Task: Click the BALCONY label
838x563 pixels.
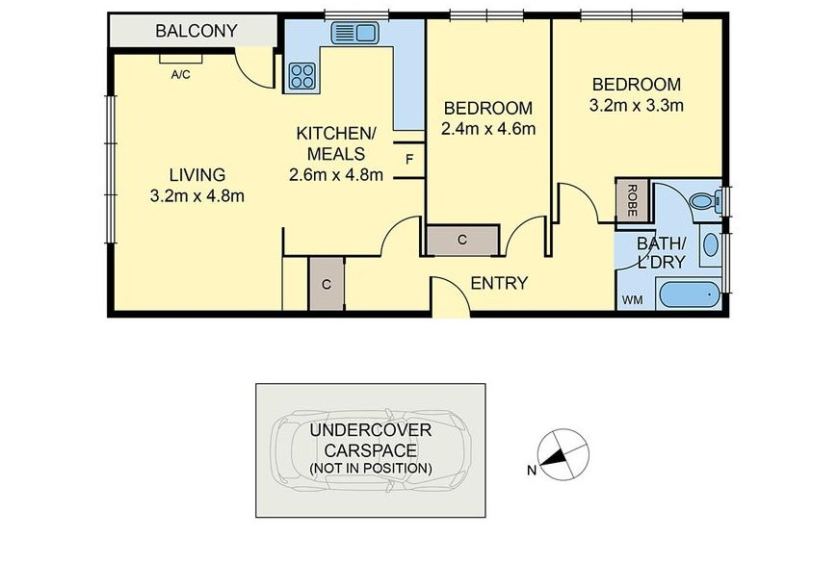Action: tap(196, 31)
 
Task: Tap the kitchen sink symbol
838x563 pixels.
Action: tap(354, 33)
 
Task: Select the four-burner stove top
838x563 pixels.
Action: tap(301, 75)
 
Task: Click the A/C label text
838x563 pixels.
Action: tap(180, 75)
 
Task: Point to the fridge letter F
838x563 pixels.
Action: tap(410, 159)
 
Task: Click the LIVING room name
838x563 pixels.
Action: tap(197, 174)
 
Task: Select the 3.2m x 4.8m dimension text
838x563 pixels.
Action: tap(197, 196)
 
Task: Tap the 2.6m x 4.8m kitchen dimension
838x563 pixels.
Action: tap(335, 174)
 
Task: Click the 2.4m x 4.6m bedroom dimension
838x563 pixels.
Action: tap(488, 129)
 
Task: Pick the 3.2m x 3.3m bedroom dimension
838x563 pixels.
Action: tap(636, 105)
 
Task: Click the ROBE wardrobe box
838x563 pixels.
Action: tap(632, 200)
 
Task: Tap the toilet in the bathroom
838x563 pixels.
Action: tap(704, 202)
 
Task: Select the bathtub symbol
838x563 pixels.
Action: tap(689, 294)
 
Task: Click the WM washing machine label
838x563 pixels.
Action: tap(632, 300)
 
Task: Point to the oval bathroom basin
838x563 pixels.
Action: tap(710, 245)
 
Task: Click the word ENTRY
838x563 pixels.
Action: tap(499, 283)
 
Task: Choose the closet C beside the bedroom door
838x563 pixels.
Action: tap(462, 241)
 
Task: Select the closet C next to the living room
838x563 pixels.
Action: tap(326, 284)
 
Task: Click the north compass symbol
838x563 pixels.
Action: tap(563, 455)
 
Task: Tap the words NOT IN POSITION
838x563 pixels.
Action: tap(371, 469)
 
